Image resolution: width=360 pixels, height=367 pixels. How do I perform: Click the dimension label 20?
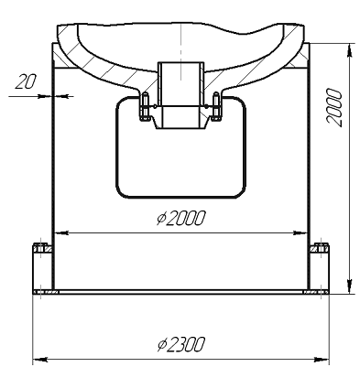coord(26,81)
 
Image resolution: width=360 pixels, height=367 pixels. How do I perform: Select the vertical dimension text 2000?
coord(334,107)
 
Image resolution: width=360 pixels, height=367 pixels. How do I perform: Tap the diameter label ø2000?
coord(180,218)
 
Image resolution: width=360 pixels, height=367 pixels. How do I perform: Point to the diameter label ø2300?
coord(180,344)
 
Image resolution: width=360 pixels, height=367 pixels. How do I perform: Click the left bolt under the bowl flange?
coord(145,106)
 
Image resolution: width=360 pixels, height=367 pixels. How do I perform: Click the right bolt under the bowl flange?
coord(216,106)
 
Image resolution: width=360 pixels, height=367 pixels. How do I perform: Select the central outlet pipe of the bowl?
coord(180,95)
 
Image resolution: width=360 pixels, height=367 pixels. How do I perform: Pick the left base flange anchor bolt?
coord(40,248)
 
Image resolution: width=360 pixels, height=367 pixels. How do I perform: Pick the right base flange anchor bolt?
coord(322,248)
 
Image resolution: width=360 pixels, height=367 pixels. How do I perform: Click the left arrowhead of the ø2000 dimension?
coord(61,232)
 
